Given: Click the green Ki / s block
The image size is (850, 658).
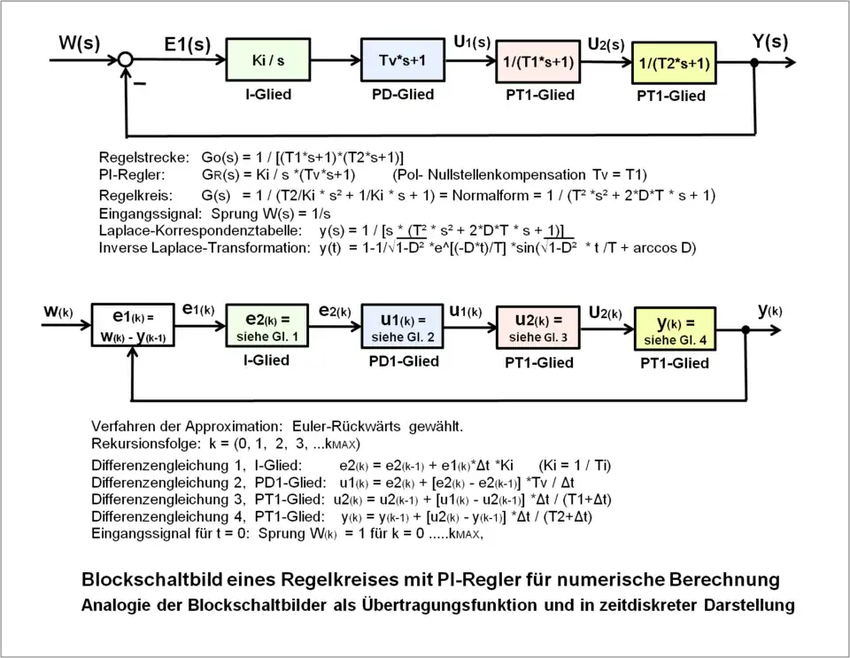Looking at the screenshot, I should [x=268, y=61].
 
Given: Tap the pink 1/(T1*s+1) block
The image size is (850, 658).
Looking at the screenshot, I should [x=536, y=63].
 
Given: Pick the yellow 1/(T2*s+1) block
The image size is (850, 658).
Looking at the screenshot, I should [x=673, y=64].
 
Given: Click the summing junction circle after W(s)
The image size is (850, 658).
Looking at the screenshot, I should [x=127, y=60].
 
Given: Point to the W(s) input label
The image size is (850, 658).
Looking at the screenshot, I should [x=80, y=43].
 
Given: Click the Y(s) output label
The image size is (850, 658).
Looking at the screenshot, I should [x=769, y=42].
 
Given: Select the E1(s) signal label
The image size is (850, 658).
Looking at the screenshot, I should [x=187, y=44].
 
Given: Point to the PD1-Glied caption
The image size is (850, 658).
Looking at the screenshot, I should [x=404, y=361].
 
